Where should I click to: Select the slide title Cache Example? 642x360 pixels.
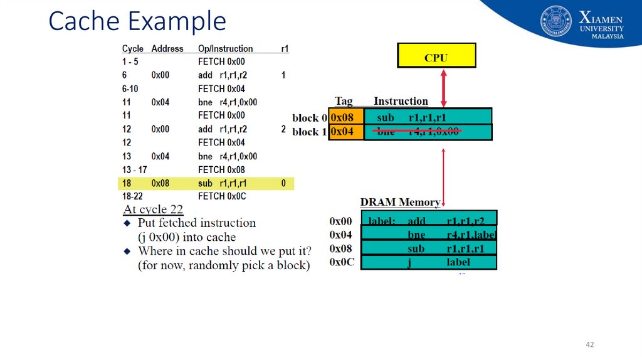pyautogui.click(x=137, y=21)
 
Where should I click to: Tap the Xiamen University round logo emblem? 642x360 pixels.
pyautogui.click(x=556, y=21)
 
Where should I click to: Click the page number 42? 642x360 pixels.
pyautogui.click(x=589, y=345)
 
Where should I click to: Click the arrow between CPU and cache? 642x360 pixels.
pyautogui.click(x=444, y=88)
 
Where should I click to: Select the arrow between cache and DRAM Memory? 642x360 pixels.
pyautogui.click(x=443, y=176)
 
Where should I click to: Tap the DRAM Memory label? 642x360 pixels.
pyautogui.click(x=400, y=202)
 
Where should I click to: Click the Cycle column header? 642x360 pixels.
pyautogui.click(x=133, y=48)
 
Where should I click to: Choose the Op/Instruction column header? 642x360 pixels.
pyautogui.click(x=225, y=48)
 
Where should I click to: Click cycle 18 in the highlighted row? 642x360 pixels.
pyautogui.click(x=127, y=183)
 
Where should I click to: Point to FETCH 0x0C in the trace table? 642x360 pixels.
pyautogui.click(x=222, y=196)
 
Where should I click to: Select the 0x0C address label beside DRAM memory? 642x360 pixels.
pyautogui.click(x=342, y=262)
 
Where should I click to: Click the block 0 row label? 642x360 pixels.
pyautogui.click(x=309, y=118)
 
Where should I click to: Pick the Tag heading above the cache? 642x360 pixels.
pyautogui.click(x=344, y=101)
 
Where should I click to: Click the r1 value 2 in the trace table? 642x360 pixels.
pyautogui.click(x=283, y=129)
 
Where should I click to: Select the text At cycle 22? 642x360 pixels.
pyautogui.click(x=154, y=209)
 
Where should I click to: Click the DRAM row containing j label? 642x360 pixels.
pyautogui.click(x=429, y=262)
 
